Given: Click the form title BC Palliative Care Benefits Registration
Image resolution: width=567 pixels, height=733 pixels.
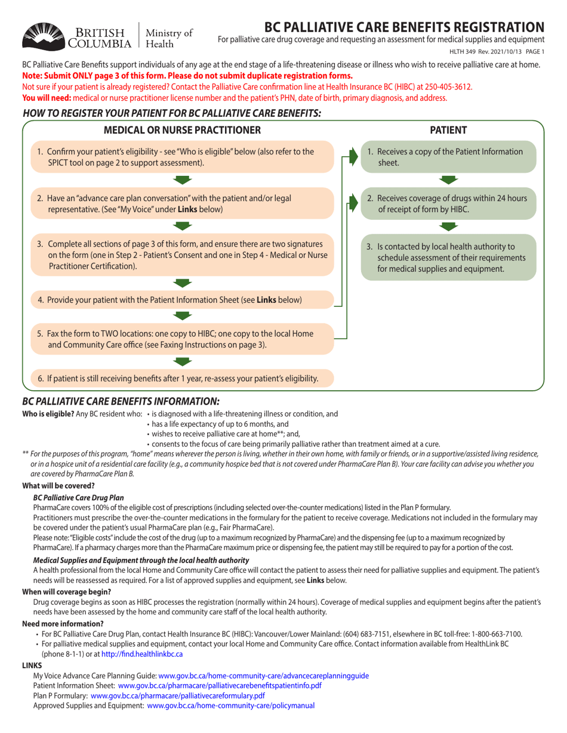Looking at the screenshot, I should [403, 27].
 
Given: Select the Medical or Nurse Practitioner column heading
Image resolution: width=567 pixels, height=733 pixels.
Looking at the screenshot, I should [182, 129].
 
